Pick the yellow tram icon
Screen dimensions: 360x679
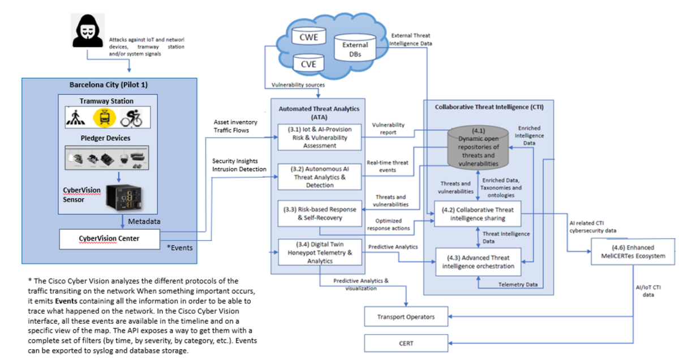click(104, 117)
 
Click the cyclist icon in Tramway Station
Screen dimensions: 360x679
click(133, 117)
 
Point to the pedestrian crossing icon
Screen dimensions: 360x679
click(76, 117)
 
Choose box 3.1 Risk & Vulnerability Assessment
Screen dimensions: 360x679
click(319, 136)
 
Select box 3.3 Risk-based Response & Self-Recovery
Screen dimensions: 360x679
click(319, 213)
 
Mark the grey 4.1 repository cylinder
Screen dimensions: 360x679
click(479, 148)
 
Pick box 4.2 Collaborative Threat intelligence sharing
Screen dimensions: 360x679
click(477, 214)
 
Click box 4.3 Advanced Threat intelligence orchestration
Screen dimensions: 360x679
click(477, 262)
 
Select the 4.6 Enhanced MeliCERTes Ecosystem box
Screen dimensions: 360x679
click(633, 251)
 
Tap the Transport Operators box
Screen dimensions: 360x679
click(407, 316)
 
